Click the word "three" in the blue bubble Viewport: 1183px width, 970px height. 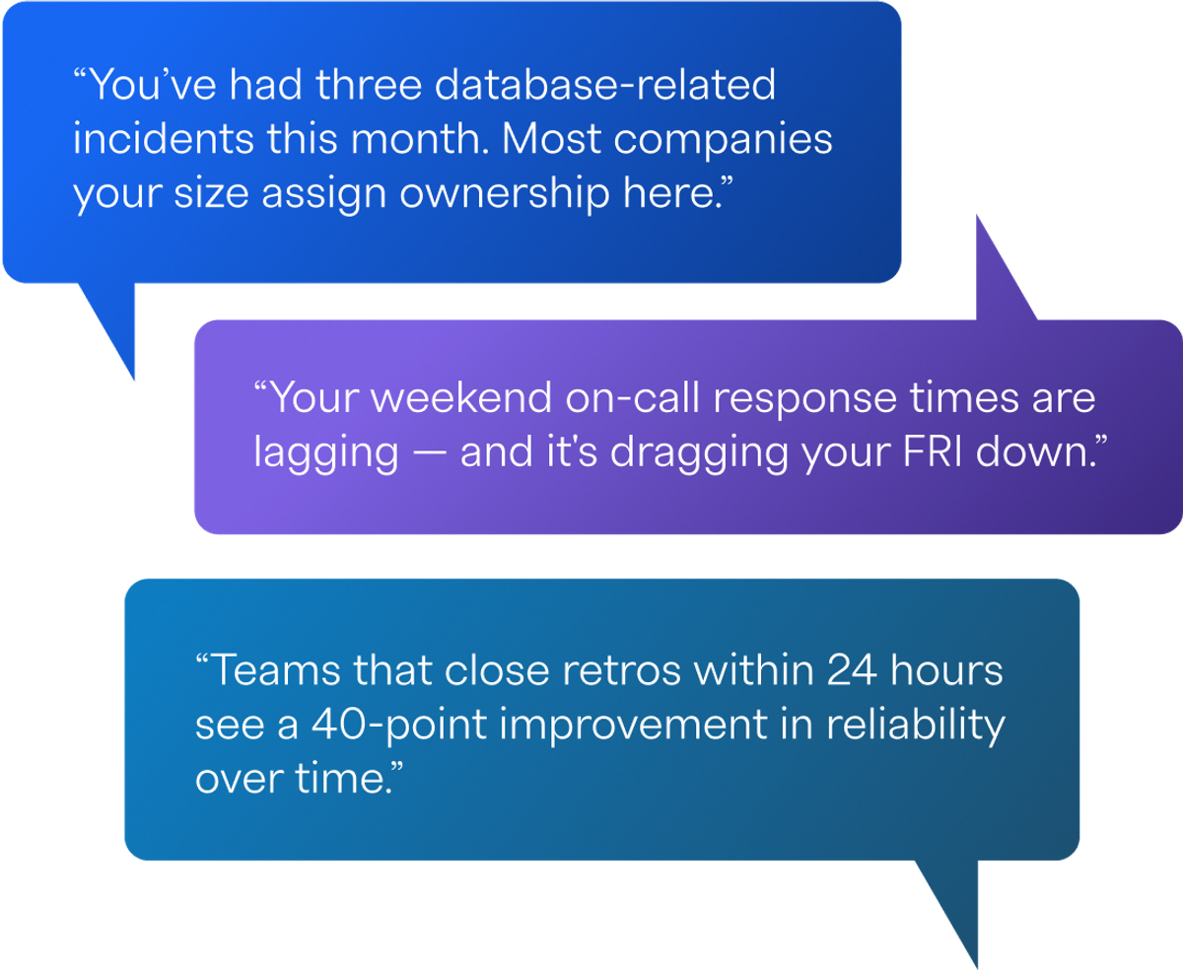(369, 85)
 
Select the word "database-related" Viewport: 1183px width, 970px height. (605, 85)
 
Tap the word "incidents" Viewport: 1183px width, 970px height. (164, 139)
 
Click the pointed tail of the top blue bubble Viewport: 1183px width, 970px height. (133, 380)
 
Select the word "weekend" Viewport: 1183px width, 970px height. (461, 398)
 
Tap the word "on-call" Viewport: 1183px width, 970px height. (633, 398)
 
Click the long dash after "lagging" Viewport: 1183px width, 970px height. (429, 452)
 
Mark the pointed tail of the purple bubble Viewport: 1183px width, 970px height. (977, 216)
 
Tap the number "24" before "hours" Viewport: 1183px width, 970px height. (852, 670)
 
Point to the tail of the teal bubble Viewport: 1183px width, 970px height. (977, 967)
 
